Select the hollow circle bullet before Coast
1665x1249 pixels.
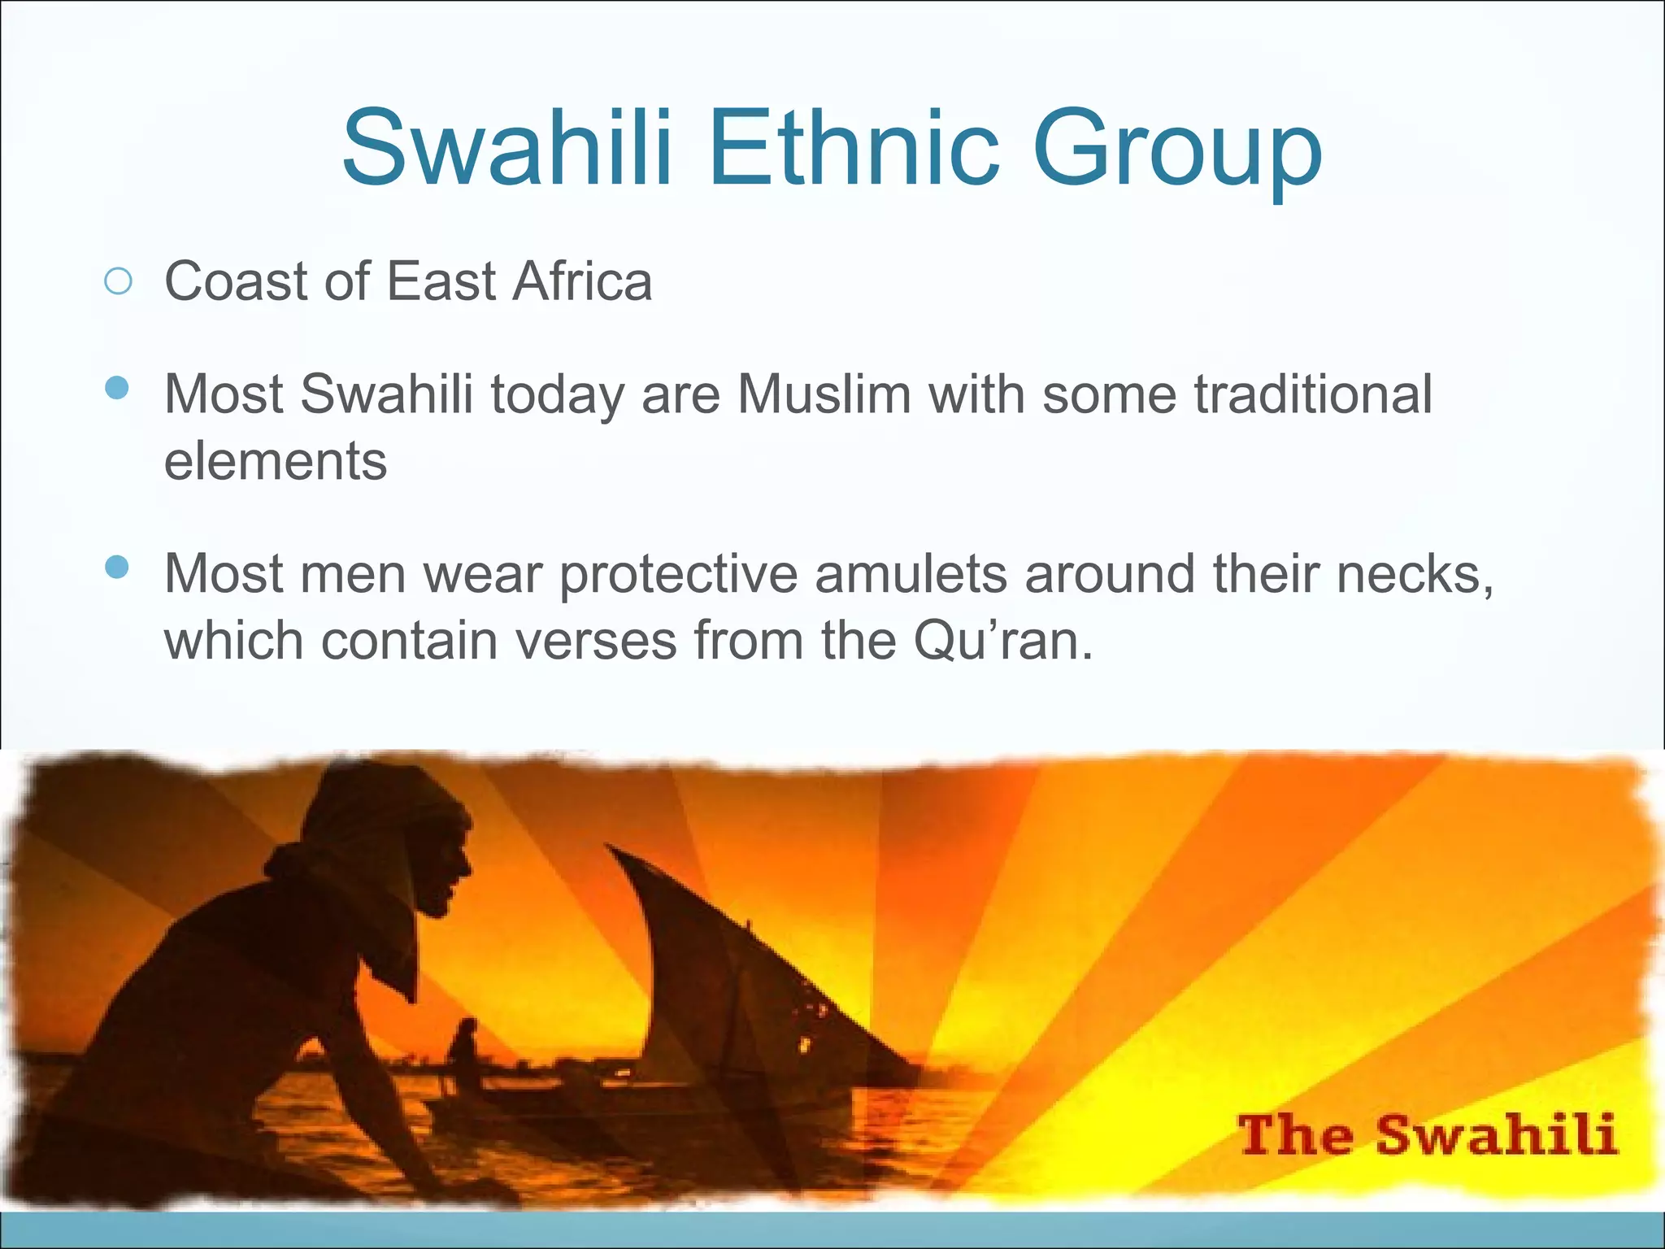118,281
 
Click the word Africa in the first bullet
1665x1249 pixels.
582,281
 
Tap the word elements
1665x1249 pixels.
276,461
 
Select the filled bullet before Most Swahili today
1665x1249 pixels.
118,387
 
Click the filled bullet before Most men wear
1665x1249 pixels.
118,567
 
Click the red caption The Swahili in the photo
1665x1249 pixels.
1427,1135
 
